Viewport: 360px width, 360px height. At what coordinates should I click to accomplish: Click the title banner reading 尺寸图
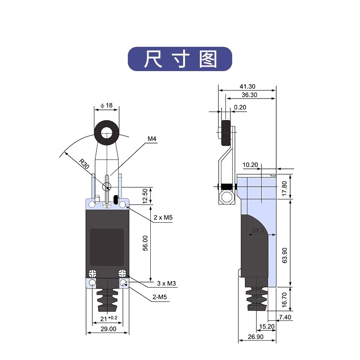pyautogui.click(x=180, y=59)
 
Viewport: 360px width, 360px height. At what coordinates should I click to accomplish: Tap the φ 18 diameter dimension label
pyautogui.click(x=106, y=105)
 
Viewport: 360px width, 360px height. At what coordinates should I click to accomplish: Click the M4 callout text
pyautogui.click(x=152, y=139)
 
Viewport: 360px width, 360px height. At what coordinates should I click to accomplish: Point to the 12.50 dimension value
pyautogui.click(x=144, y=195)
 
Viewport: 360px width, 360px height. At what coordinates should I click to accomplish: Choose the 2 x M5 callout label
pyautogui.click(x=163, y=217)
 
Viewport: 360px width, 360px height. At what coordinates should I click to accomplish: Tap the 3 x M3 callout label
pyautogui.click(x=166, y=283)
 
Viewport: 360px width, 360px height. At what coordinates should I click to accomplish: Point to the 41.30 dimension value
pyautogui.click(x=247, y=86)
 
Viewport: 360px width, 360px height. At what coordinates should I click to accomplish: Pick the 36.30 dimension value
pyautogui.click(x=249, y=95)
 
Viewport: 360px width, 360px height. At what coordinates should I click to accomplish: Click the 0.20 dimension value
pyautogui.click(x=240, y=107)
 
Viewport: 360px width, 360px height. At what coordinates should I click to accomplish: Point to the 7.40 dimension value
pyautogui.click(x=285, y=318)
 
